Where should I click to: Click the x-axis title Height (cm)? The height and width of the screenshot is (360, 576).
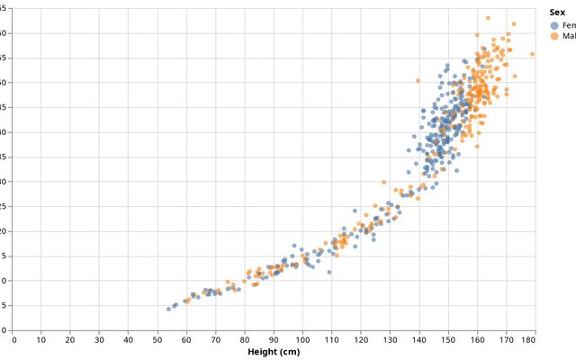pyautogui.click(x=274, y=352)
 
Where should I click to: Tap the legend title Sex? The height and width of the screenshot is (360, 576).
pyautogui.click(x=557, y=13)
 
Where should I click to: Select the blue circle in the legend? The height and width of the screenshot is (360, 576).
pyautogui.click(x=553, y=25)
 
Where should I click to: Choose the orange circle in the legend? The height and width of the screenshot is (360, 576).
pyautogui.click(x=553, y=37)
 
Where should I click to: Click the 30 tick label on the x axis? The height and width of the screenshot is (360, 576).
pyautogui.click(x=99, y=339)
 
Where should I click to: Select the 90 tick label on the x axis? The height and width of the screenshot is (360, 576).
pyautogui.click(x=274, y=339)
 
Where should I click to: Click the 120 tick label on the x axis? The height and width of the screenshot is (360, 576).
pyautogui.click(x=361, y=339)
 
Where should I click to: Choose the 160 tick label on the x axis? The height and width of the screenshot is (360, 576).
pyautogui.click(x=477, y=339)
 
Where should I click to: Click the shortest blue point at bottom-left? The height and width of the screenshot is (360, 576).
pyautogui.click(x=168, y=309)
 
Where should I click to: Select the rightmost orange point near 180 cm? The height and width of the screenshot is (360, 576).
pyautogui.click(x=532, y=54)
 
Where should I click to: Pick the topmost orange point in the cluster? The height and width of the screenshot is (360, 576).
pyautogui.click(x=488, y=18)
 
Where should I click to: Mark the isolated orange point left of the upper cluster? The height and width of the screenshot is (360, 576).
pyautogui.click(x=418, y=81)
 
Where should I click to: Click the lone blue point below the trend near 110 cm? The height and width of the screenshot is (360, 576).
pyautogui.click(x=329, y=272)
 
